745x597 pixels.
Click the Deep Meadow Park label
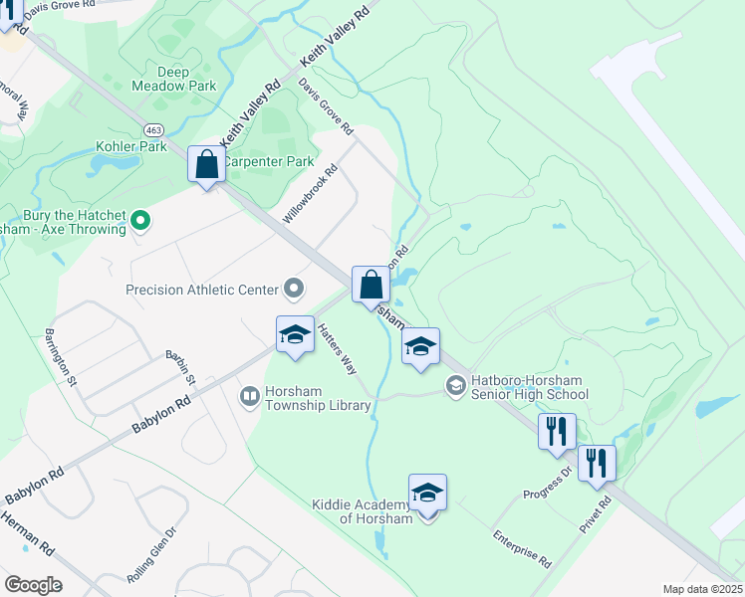click(x=159, y=79)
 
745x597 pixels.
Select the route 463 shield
click(x=153, y=129)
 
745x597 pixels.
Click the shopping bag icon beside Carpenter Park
click(x=206, y=165)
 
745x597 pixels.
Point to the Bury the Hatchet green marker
click(x=140, y=221)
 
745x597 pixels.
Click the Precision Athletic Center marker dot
click(x=294, y=290)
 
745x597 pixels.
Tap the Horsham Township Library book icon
click(x=250, y=397)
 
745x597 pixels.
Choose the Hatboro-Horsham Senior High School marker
click(x=456, y=385)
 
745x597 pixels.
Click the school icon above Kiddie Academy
click(x=428, y=493)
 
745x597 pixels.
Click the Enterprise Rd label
click(x=522, y=547)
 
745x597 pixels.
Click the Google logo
click(x=33, y=585)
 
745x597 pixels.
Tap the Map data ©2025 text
click(x=702, y=589)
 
